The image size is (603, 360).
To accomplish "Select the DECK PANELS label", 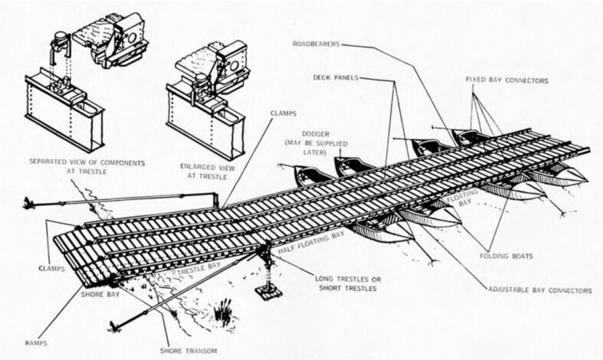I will coord(336,77).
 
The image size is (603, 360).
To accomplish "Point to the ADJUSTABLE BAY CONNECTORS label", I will coord(539,291).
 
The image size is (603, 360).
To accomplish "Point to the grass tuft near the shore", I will coord(222,312).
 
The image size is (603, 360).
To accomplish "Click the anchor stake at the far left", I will coord(29,204).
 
